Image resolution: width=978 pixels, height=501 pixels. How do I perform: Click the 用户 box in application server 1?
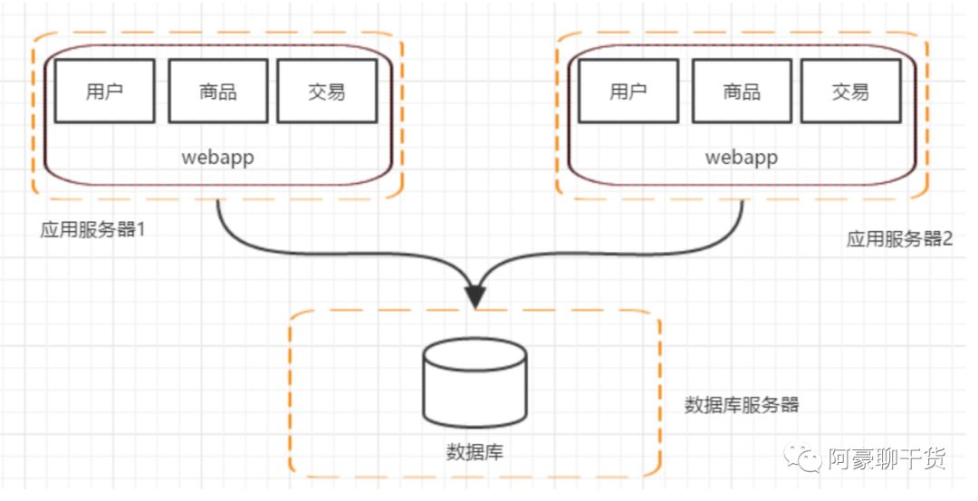coord(104,91)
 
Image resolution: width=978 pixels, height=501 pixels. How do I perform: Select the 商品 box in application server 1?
coord(217,91)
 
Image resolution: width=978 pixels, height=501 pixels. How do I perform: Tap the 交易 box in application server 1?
coord(326,91)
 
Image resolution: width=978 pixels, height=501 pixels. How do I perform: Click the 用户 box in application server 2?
coord(628,91)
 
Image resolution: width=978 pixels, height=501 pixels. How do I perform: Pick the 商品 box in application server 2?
coord(742,91)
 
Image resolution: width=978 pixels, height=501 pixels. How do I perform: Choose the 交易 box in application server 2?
coord(850,91)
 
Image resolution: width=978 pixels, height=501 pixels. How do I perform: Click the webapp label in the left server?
coord(217,157)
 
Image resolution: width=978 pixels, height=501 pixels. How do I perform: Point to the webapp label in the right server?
coord(742,157)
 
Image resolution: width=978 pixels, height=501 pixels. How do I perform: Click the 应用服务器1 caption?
coord(93,229)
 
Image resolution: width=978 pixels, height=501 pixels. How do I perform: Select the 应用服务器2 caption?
coord(899,239)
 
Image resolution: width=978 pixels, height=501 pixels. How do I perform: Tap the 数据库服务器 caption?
coord(742,405)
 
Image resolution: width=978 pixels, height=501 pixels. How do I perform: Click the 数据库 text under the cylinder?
coord(475,450)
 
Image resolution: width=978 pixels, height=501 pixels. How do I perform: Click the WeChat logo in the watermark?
coord(806,459)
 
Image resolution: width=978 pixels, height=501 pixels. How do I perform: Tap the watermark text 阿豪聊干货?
coord(887,459)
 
